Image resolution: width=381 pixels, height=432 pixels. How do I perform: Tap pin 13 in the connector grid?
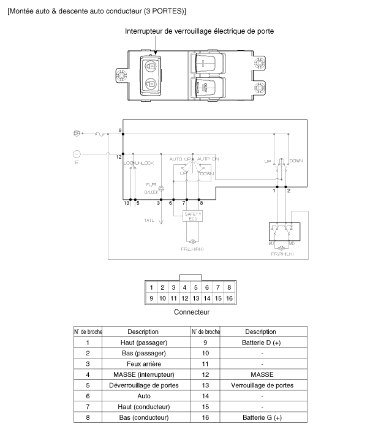coord(195,298)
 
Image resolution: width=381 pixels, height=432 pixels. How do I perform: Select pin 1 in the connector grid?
coord(151,287)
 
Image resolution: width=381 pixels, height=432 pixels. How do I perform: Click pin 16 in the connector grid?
coord(228,298)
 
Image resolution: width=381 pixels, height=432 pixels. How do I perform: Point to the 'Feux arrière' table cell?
coord(143,363)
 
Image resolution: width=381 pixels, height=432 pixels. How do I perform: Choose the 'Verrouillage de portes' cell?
coord(262,385)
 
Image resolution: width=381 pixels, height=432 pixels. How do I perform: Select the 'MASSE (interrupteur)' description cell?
coord(143,374)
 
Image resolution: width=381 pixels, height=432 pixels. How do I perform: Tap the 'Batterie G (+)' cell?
coord(262,417)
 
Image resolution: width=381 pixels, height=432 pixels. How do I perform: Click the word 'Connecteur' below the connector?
coord(192,312)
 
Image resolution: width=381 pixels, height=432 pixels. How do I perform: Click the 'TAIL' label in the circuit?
coord(149,220)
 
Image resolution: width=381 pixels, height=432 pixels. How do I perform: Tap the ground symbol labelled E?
coord(77,154)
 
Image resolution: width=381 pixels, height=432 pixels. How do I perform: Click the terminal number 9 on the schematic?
coord(119,131)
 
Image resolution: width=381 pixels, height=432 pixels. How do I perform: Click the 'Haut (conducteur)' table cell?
coord(143,406)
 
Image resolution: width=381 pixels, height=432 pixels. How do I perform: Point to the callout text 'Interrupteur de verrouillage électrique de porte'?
coord(199,31)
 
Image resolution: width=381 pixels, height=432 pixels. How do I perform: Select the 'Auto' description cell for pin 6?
coord(143,396)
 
